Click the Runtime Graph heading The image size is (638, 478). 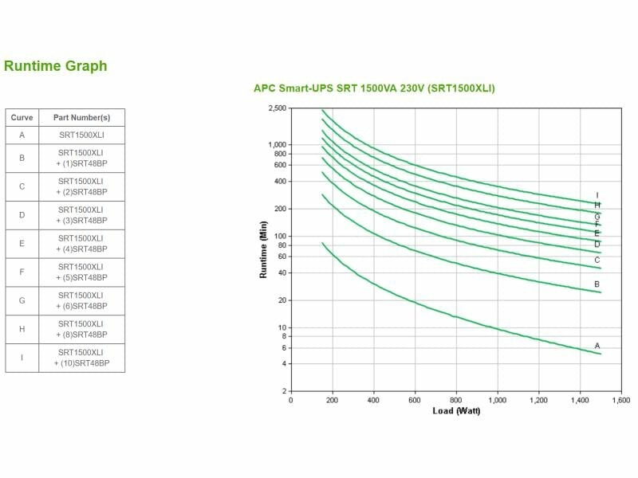click(56, 66)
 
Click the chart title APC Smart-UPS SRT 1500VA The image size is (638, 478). click(374, 88)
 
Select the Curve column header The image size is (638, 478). click(22, 117)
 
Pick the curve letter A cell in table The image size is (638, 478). click(22, 135)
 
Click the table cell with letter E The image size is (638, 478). click(22, 243)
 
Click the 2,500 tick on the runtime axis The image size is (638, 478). click(277, 108)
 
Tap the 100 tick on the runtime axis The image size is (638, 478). click(280, 236)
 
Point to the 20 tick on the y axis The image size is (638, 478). click(282, 300)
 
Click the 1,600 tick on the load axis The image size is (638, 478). click(621, 400)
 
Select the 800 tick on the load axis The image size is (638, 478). click(455, 400)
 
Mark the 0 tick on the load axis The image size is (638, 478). click(290, 400)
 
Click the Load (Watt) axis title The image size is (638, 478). click(456, 411)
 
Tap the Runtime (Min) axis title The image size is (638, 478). click(264, 249)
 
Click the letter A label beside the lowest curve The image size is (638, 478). click(597, 345)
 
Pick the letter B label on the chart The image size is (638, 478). click(597, 284)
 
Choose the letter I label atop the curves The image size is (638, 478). click(597, 195)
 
